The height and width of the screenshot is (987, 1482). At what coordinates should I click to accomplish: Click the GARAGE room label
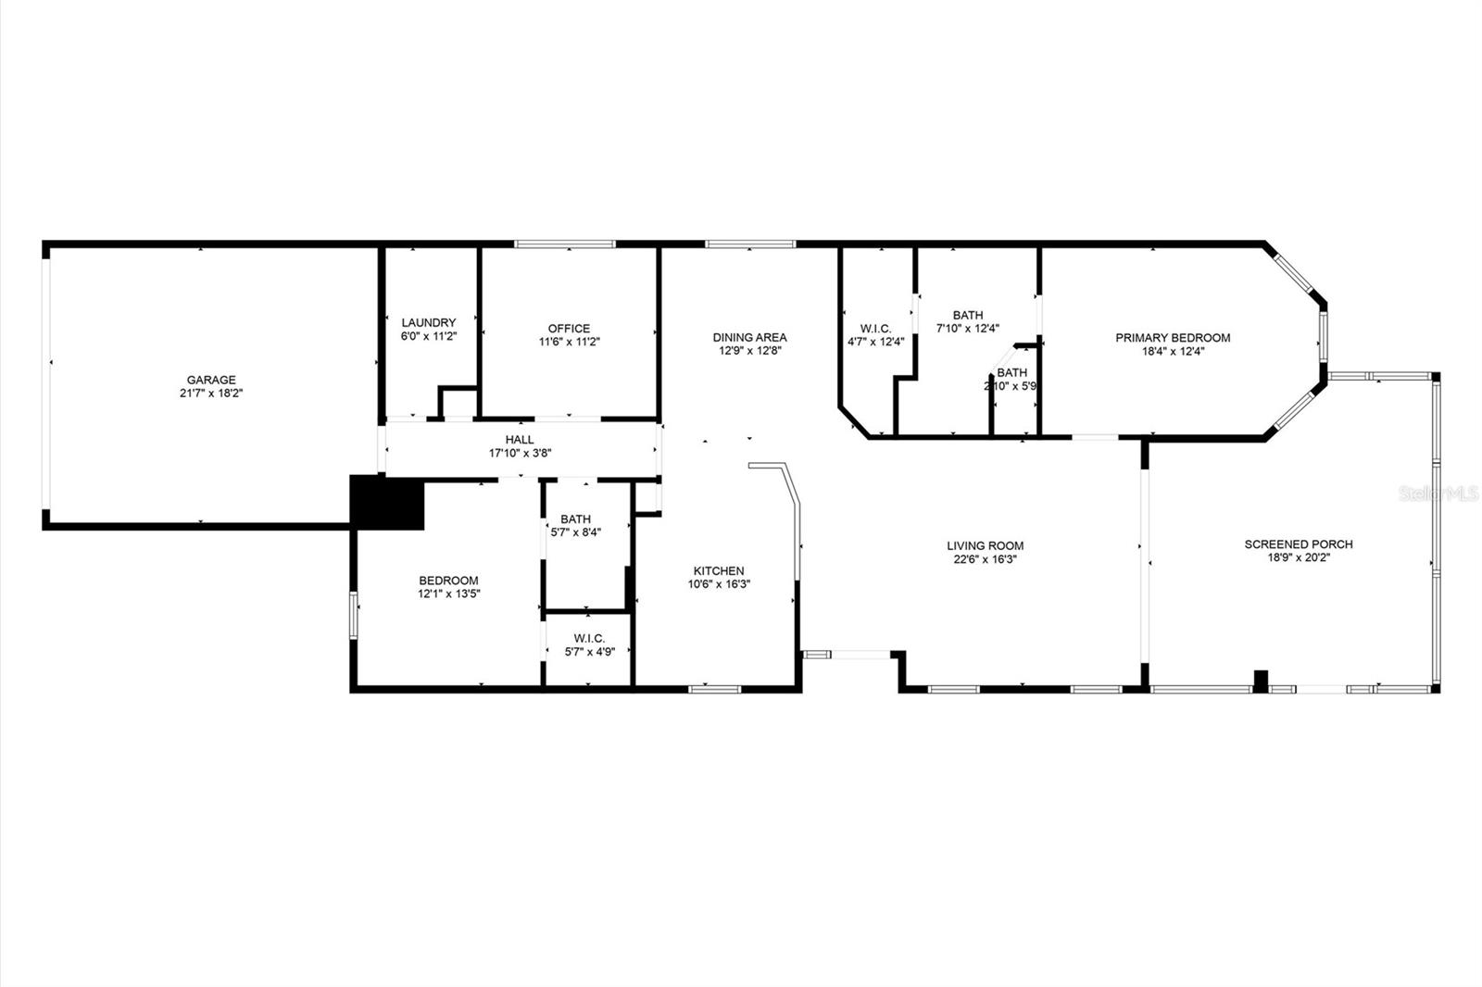click(211, 380)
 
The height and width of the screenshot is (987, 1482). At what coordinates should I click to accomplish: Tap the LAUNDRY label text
click(428, 322)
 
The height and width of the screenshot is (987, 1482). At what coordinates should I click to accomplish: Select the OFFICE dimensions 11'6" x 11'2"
click(569, 342)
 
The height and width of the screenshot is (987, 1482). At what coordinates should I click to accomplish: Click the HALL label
click(520, 440)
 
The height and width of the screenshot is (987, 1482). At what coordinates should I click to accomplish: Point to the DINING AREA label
click(749, 337)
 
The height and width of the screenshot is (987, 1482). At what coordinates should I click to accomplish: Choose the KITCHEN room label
click(719, 571)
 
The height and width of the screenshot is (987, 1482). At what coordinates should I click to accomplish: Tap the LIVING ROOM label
click(985, 546)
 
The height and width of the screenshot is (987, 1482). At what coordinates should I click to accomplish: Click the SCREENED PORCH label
click(1298, 544)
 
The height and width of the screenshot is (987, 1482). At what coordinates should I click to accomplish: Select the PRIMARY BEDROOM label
click(1173, 338)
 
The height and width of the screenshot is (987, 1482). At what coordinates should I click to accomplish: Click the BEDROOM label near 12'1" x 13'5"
click(448, 581)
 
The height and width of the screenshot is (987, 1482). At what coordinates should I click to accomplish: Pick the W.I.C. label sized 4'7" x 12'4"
click(875, 329)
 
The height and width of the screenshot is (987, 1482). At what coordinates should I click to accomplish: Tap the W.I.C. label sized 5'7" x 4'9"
click(588, 638)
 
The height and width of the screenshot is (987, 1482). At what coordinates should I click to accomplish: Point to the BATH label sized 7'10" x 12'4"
click(967, 315)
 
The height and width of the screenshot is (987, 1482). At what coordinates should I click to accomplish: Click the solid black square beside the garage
click(386, 502)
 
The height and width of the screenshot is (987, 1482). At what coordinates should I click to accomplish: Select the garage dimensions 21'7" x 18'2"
click(211, 394)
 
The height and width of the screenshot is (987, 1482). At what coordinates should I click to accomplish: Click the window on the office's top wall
click(565, 244)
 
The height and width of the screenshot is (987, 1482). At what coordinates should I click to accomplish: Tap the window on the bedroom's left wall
click(353, 614)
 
